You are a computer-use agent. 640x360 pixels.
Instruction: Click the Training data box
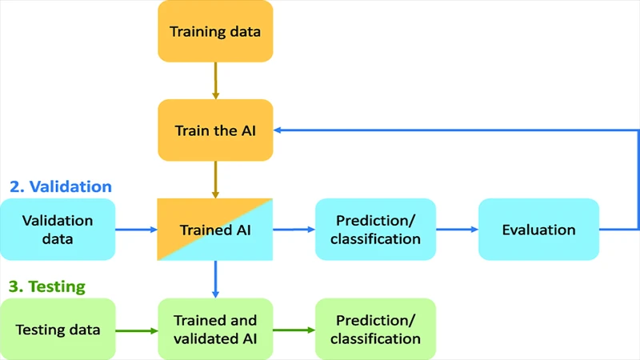[x=215, y=32]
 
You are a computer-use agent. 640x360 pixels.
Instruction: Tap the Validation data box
[x=58, y=230]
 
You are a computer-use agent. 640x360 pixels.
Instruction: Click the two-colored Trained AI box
[x=215, y=230]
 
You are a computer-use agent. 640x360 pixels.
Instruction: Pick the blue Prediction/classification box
[x=375, y=230]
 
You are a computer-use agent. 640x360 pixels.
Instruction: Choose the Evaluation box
[x=538, y=230]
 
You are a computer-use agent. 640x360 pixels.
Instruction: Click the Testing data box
[x=58, y=329]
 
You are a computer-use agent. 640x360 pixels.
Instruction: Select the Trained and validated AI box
[x=215, y=329]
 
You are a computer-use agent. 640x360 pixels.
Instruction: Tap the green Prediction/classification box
[x=375, y=329]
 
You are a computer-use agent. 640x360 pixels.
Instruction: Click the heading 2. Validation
[x=61, y=186]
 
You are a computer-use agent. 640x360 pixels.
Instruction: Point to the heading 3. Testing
[x=47, y=286]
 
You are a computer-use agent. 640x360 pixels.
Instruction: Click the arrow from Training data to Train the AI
[x=215, y=81]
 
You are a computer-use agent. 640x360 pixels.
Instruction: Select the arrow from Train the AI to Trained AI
[x=215, y=178]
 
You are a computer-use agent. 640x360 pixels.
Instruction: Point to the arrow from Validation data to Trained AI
[x=137, y=230]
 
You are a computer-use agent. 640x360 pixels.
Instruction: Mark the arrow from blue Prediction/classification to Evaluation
[x=457, y=230]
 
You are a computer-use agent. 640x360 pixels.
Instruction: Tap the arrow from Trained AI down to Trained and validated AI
[x=215, y=279]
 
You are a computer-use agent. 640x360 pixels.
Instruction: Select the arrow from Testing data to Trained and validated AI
[x=137, y=329]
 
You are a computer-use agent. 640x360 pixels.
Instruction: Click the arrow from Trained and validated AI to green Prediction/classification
[x=294, y=329]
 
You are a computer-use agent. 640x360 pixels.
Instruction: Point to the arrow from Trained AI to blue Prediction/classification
[x=294, y=230]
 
